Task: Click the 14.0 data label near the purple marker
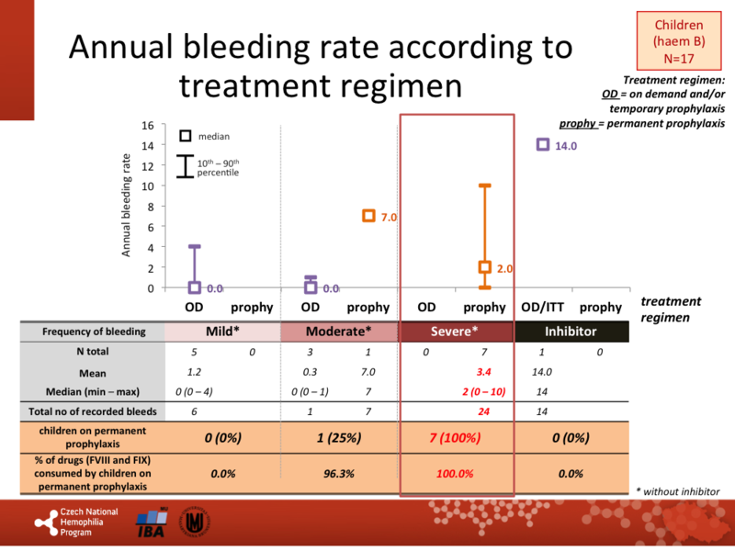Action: [564, 145]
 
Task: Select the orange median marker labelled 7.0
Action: [368, 216]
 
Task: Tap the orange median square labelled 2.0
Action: [485, 267]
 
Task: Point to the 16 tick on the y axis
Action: [148, 126]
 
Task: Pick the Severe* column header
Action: [457, 332]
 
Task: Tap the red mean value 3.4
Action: [484, 374]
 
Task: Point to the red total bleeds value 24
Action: [484, 413]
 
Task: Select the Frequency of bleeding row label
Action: [92, 332]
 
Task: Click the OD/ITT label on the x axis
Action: [542, 307]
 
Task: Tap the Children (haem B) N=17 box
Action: [678, 42]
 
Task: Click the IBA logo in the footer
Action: [152, 523]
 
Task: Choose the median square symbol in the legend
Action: [185, 136]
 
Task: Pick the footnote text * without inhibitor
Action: [677, 491]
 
